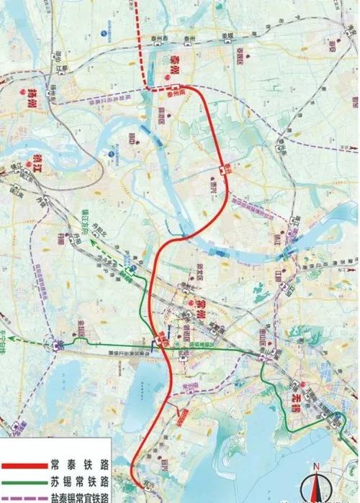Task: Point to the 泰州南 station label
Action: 176,92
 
